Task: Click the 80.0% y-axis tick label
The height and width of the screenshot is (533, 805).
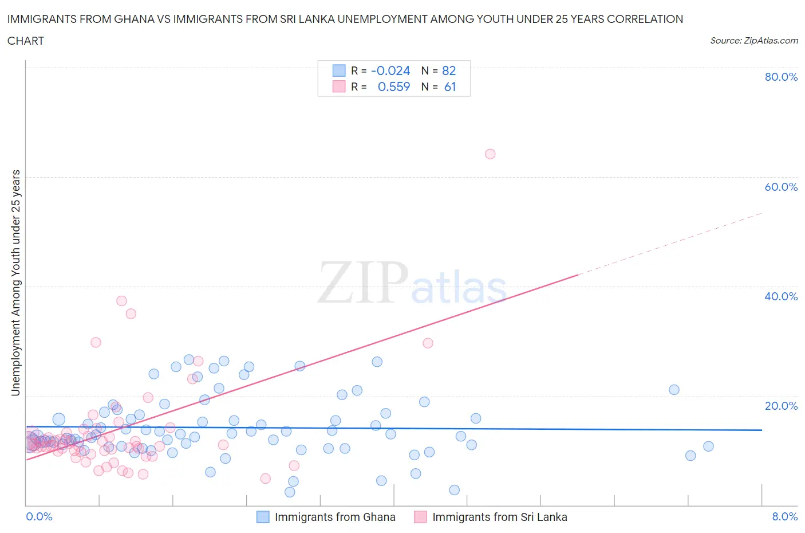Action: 781,77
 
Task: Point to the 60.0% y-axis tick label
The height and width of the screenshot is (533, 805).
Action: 781,187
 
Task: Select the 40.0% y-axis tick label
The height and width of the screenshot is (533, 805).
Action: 781,296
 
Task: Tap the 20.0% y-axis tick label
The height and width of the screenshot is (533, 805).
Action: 781,406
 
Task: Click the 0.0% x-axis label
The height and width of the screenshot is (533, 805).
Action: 39,516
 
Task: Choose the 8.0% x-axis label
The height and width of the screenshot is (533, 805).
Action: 784,516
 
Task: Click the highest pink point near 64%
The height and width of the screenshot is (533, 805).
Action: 490,154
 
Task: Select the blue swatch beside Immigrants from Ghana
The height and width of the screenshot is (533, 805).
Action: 263,517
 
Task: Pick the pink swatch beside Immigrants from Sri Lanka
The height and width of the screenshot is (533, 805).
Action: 420,517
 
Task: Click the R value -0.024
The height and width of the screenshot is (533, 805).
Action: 390,70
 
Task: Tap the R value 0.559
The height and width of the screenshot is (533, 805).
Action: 394,87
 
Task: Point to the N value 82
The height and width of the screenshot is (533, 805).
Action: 449,70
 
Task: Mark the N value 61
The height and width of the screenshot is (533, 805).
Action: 450,87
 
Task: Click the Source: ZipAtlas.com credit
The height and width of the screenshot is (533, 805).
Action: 753,40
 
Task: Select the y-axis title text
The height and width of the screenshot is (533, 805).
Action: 15,283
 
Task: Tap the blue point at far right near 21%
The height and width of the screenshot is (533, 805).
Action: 674,390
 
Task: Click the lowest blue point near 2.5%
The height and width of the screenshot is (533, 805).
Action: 290,492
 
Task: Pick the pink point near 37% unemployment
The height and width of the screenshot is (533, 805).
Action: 121,301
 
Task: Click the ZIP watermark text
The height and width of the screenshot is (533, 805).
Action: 363,283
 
